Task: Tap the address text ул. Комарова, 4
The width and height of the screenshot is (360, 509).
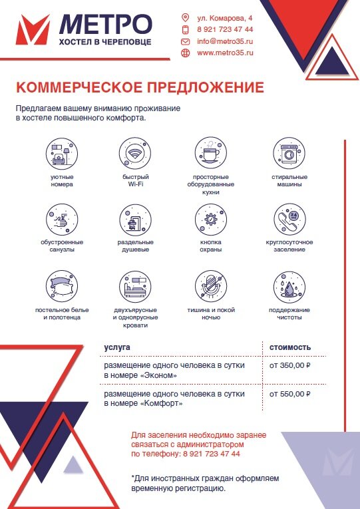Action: tap(225, 17)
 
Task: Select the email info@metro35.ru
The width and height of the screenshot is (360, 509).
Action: tap(225, 41)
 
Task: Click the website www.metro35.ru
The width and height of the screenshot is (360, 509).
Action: tap(225, 53)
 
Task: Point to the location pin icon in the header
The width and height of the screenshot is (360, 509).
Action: tap(186, 17)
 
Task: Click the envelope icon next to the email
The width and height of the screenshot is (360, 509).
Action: tap(186, 41)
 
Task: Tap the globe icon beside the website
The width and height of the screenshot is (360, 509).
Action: tap(186, 53)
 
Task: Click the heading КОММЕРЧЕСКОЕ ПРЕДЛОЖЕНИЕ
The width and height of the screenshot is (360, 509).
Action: tap(140, 88)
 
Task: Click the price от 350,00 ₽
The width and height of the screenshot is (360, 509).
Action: tap(289, 366)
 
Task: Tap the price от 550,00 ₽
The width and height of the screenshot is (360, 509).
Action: tap(289, 394)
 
